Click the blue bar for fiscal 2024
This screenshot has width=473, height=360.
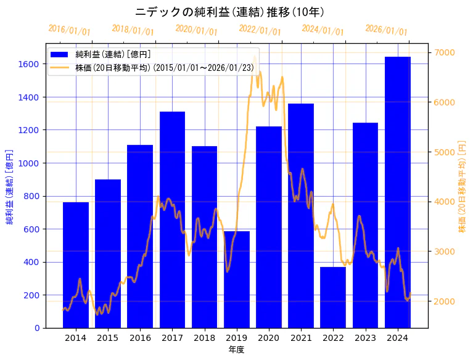398,192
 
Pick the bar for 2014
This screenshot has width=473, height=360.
76,264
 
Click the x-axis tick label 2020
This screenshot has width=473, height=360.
269,338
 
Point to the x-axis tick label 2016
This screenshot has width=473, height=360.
140,338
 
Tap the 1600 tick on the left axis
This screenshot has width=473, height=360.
30,64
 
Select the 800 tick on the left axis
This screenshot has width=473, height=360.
32,196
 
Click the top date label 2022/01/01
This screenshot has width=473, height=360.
260,30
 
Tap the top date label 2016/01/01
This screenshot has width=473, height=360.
69,30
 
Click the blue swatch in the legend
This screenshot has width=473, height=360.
59,55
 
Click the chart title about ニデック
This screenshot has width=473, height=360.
229,12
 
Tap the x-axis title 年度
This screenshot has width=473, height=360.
236,350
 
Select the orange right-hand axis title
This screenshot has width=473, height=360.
462,186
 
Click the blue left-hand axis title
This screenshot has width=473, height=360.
9,186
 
